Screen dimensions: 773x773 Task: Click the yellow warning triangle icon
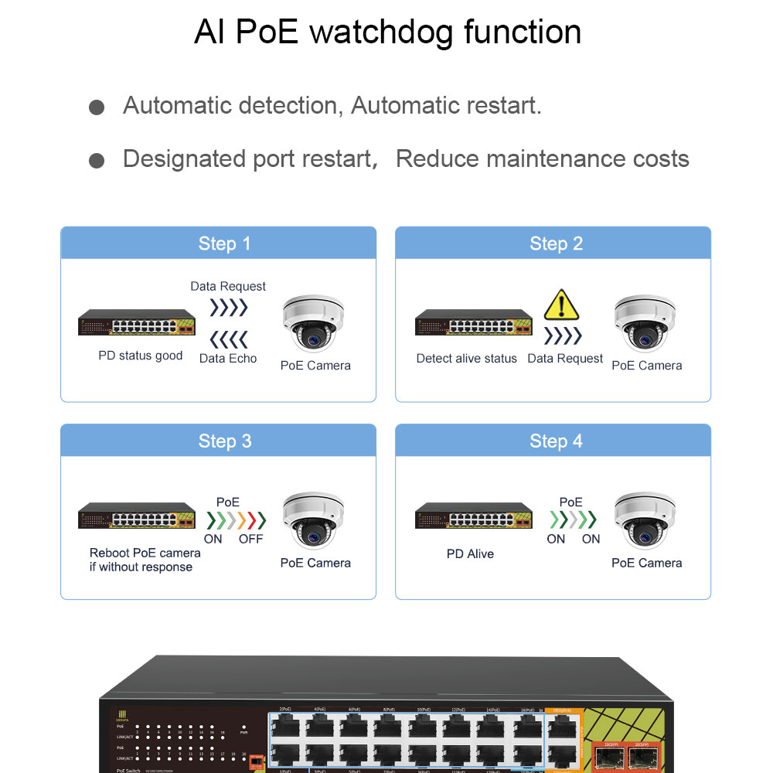click(561, 306)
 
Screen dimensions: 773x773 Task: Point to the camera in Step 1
click(312, 323)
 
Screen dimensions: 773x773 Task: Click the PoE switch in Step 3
click(137, 517)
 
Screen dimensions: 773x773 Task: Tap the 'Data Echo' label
click(228, 358)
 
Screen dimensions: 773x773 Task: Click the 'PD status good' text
click(141, 356)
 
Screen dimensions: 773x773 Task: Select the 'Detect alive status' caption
click(466, 358)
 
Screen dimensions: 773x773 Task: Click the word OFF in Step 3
click(250, 539)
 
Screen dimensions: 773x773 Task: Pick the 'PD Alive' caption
click(470, 553)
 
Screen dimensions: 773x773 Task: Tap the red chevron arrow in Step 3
click(250, 519)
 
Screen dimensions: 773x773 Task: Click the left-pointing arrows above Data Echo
click(229, 339)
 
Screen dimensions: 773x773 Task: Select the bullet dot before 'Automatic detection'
click(97, 107)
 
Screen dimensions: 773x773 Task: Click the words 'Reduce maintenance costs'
click(542, 159)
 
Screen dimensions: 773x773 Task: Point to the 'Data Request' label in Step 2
click(565, 358)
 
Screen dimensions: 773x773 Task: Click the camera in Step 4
click(644, 520)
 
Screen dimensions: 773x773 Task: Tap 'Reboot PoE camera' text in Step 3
click(145, 553)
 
